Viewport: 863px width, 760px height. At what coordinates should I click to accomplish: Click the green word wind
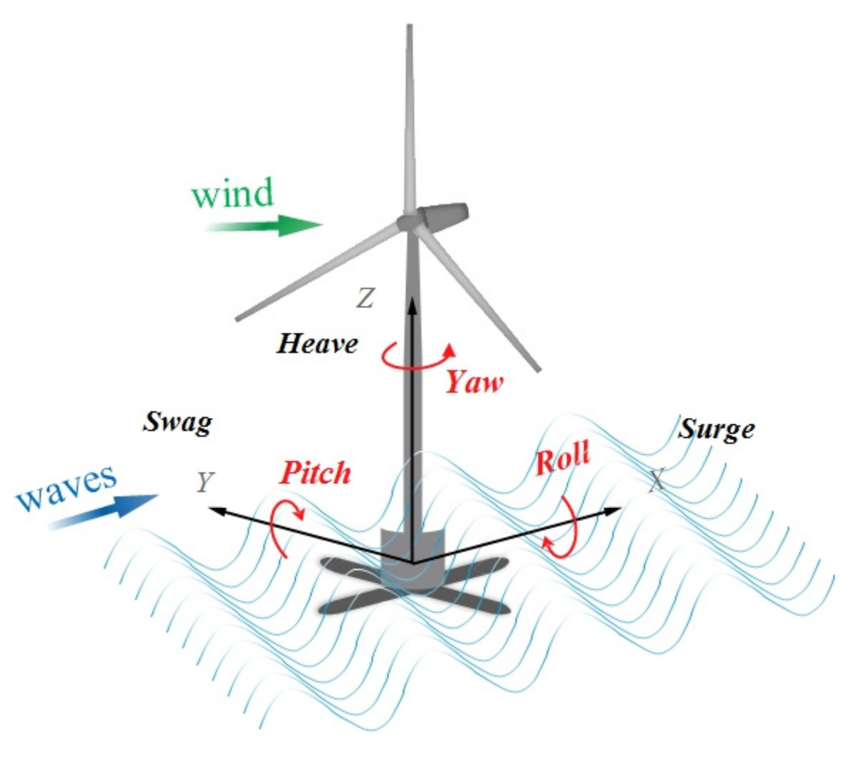coord(232,193)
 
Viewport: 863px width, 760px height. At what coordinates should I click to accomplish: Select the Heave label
coord(317,344)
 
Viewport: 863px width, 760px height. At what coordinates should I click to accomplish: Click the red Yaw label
coord(474,383)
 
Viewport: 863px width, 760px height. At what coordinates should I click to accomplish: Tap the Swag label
coord(177,422)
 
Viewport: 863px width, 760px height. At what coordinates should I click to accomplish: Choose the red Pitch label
coord(315,473)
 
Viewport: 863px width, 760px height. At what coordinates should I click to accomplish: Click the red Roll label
coord(562,458)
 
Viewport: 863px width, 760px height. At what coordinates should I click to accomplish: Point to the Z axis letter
coord(365,298)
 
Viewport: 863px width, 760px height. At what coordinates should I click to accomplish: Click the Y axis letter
coord(205,483)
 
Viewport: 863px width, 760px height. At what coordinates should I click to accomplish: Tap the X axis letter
coord(656,480)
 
